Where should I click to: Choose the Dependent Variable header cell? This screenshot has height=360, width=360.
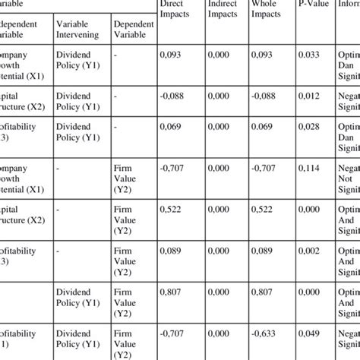tap(133, 29)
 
